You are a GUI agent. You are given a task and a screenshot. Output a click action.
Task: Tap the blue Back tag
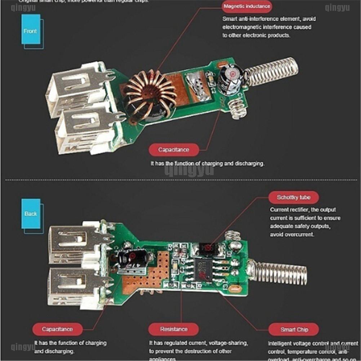[31, 213]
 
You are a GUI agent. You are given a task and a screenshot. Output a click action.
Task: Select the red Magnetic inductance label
[247, 6]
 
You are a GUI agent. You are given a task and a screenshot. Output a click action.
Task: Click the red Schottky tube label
[293, 197]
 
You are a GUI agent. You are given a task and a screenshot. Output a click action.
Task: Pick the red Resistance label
[174, 329]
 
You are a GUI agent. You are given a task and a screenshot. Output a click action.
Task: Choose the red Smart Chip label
[294, 329]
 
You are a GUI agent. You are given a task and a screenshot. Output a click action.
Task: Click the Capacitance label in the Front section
[173, 149]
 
